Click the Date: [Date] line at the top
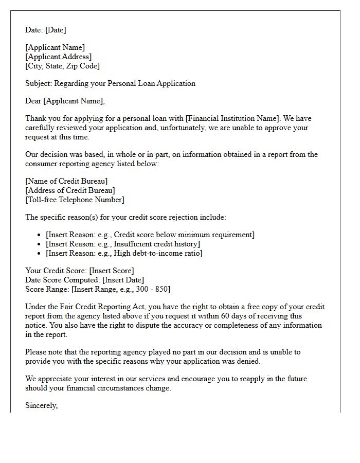point(45,30)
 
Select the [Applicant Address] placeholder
point(58,57)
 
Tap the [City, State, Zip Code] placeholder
point(62,66)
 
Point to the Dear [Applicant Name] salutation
point(65,101)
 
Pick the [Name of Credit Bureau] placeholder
point(66,181)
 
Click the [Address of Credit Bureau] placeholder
point(70,190)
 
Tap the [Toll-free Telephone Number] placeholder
point(75,200)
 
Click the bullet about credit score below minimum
point(150,235)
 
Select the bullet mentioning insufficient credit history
point(123,244)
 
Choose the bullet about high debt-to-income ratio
point(124,253)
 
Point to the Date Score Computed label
point(63,280)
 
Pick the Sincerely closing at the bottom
point(42,405)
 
